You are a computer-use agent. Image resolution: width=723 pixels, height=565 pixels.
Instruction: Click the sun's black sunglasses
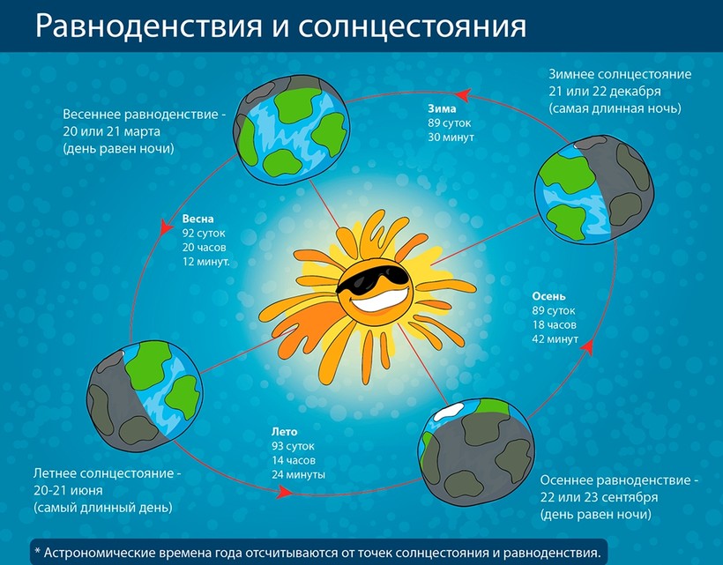click(373, 277)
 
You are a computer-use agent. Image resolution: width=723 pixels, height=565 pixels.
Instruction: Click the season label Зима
click(442, 108)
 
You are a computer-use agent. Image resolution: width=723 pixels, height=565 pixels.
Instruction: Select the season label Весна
click(198, 219)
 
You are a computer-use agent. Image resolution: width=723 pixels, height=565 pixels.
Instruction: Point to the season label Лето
click(284, 432)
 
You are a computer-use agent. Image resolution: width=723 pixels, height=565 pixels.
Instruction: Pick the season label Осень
click(548, 296)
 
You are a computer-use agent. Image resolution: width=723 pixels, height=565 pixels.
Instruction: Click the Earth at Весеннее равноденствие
click(292, 129)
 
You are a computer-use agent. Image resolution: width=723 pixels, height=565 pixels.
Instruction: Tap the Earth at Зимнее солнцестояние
click(594, 190)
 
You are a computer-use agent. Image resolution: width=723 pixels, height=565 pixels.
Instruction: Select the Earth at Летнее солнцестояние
click(145, 395)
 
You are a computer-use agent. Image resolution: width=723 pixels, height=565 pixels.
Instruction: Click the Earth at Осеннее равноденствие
click(476, 452)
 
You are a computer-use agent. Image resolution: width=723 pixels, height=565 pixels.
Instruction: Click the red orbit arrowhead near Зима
click(462, 95)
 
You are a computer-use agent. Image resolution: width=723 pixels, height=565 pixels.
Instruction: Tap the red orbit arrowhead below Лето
click(285, 492)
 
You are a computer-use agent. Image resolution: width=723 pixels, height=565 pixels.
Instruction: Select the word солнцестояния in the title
click(413, 27)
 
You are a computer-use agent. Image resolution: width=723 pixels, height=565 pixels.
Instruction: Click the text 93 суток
click(293, 446)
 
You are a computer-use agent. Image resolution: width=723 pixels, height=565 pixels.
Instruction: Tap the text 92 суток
click(204, 233)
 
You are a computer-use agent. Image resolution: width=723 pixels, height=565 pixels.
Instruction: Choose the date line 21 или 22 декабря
click(605, 92)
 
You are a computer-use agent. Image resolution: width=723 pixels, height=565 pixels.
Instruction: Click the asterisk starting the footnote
click(38, 551)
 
